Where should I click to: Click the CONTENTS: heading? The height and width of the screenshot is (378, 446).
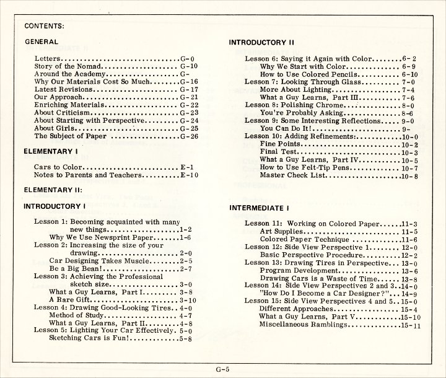(45, 27)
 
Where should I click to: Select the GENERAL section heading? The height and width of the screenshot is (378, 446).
(41, 42)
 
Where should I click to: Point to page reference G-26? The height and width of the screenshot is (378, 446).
(188, 136)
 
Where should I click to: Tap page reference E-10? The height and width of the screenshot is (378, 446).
(189, 175)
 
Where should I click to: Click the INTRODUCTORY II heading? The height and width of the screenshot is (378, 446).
(261, 43)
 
